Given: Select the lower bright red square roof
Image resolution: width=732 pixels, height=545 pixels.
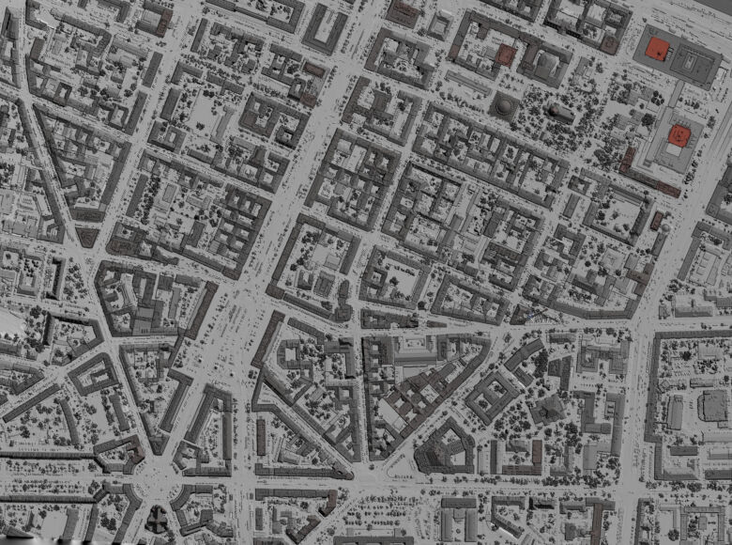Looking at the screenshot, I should point(677,136).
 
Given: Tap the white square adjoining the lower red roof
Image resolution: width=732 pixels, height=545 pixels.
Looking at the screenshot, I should point(675,150).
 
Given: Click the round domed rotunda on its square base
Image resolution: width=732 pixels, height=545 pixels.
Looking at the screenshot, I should point(505,106).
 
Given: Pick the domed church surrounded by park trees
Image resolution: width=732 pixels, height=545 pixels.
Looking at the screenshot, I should point(560,113).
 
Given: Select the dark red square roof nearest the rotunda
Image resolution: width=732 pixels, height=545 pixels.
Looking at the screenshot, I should point(506,54).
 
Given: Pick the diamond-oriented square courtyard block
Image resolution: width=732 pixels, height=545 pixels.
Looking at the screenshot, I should point(492,395).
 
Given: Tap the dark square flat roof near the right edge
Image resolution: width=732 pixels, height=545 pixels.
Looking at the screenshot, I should point(713,405).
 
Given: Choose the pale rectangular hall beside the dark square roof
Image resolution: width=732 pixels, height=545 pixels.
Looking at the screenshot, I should point(676,412).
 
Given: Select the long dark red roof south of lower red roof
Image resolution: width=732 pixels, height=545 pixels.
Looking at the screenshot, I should point(667,188).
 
